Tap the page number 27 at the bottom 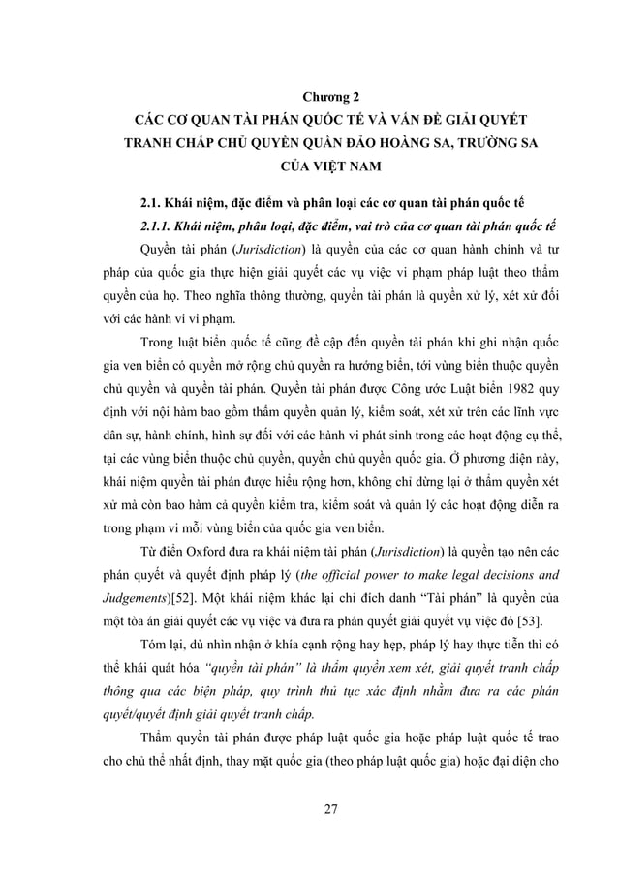coord(332,809)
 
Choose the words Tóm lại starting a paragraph coord(164,645)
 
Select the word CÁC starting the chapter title coord(151,122)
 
